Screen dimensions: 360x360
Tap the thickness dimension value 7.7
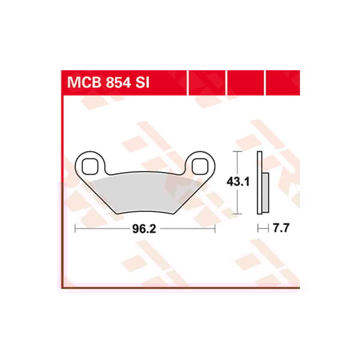click(x=277, y=229)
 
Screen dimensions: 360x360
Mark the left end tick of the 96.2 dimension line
click(x=74, y=229)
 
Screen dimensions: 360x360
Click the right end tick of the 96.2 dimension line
click(x=214, y=229)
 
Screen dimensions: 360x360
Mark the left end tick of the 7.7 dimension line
click(x=259, y=229)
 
